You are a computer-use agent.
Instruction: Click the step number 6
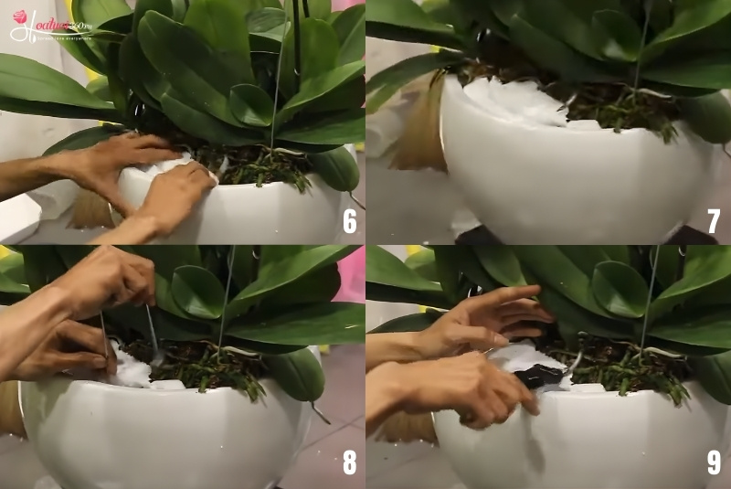[x=349, y=220]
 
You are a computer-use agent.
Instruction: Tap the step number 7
[x=714, y=220]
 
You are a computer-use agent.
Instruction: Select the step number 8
[x=349, y=462]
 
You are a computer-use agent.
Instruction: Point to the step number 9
[x=714, y=462]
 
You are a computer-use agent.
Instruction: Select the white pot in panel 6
[x=256, y=215]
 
